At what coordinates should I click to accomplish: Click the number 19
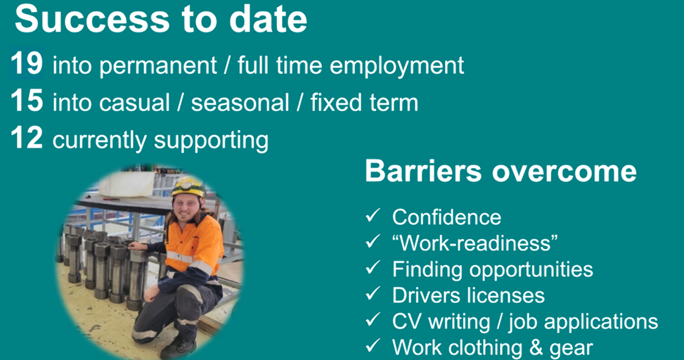(27, 63)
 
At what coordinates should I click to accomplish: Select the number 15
(27, 101)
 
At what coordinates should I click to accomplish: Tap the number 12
(27, 138)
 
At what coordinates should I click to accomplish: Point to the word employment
(396, 66)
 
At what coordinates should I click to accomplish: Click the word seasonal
(240, 103)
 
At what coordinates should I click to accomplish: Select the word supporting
(211, 141)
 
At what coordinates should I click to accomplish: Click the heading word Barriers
(423, 171)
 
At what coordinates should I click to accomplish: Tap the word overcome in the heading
(564, 172)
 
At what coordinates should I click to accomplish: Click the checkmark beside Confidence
(373, 215)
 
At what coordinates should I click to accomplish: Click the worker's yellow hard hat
(188, 187)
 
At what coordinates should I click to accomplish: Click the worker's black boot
(178, 349)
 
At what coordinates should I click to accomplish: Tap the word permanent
(158, 66)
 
